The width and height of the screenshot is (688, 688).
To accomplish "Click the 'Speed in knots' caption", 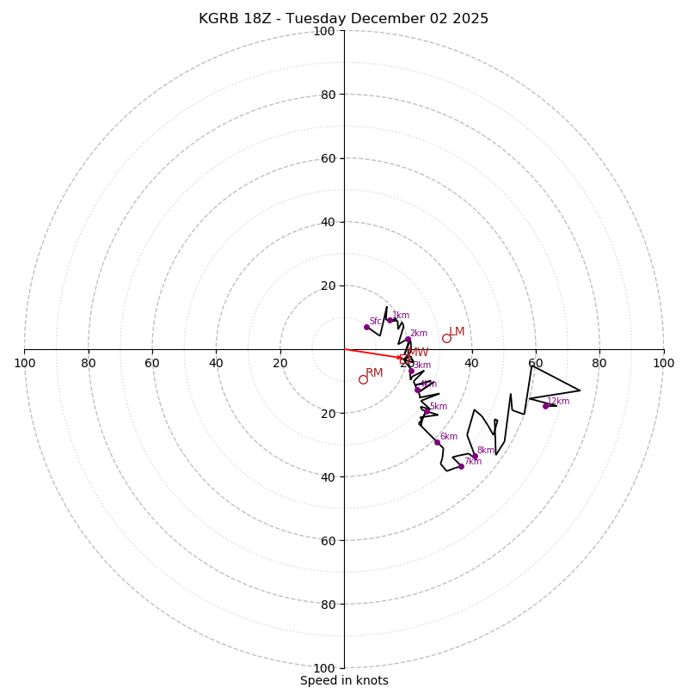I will (x=344, y=680).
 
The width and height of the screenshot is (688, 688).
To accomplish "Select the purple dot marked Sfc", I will (x=366, y=327).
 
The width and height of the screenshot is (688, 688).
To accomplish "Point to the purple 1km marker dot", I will (x=390, y=320).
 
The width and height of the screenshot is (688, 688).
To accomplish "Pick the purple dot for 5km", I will (x=427, y=411).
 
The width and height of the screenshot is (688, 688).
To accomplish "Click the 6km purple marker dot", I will (x=437, y=442).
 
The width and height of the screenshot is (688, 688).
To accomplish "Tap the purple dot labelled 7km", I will (x=461, y=466).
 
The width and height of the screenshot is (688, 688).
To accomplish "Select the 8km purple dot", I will (x=475, y=456).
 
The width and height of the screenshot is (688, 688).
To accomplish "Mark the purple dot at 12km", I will (x=545, y=406).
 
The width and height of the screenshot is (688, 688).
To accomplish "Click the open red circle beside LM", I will (x=446, y=338).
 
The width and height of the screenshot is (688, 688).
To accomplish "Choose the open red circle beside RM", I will (x=363, y=379).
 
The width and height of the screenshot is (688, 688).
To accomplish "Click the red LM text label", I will (x=457, y=332).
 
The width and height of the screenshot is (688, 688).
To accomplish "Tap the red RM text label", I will (x=374, y=373).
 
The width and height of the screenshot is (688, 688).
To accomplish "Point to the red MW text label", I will (x=418, y=353).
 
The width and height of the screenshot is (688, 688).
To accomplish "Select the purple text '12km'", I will (x=558, y=402).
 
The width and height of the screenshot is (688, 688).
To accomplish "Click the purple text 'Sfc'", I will (x=375, y=322).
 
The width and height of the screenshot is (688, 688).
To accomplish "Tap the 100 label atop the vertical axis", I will (x=324, y=31).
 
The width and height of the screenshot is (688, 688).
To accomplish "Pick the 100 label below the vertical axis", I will (x=324, y=668).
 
